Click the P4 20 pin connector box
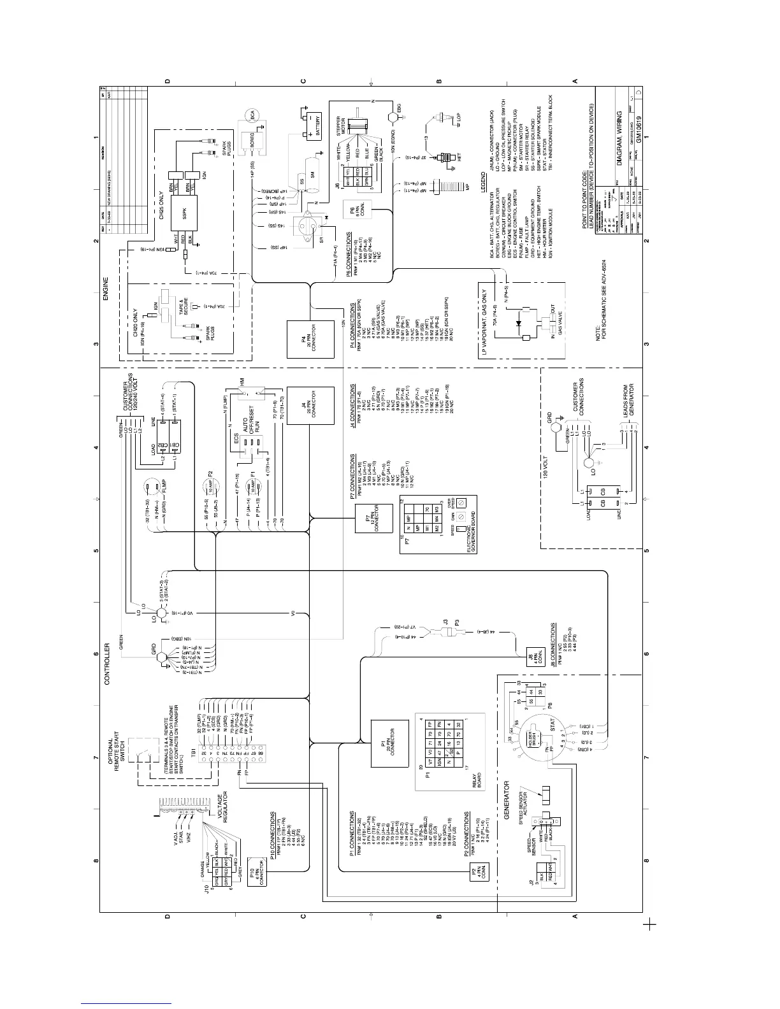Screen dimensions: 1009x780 [311, 340]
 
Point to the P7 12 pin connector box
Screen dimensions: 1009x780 [376, 522]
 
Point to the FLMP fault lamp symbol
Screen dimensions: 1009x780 [153, 489]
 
